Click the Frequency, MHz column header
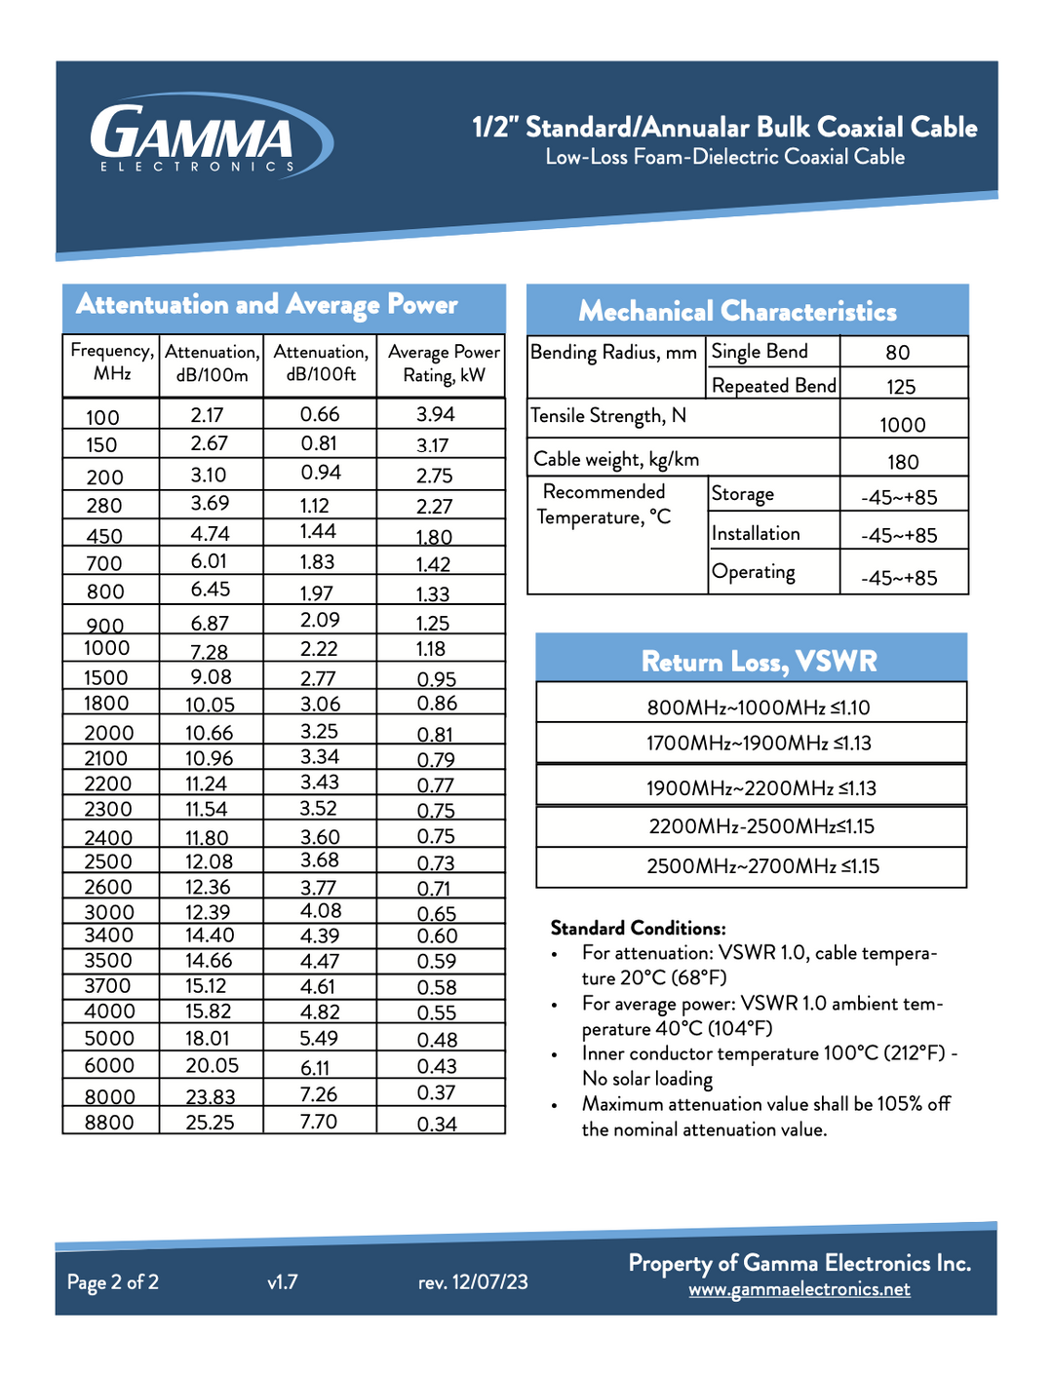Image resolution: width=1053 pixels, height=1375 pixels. pos(111,363)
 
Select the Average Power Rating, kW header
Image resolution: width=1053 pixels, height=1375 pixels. pos(444,363)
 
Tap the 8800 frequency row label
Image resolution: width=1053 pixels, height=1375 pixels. pos(109,1123)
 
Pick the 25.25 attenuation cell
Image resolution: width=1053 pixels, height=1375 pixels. pos(211,1123)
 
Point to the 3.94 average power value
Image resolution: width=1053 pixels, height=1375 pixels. pos(436,414)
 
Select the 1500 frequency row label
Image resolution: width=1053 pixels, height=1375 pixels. pos(106,677)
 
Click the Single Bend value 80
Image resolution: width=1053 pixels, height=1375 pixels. pos(898,353)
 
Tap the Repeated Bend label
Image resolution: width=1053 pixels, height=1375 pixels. pos(774,386)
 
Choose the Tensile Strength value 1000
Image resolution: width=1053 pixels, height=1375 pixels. pos(903,425)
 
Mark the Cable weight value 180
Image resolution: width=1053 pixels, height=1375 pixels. pos(903,462)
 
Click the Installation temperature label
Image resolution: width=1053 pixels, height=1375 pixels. pos(756,534)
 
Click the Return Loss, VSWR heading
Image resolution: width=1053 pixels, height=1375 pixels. pos(759,662)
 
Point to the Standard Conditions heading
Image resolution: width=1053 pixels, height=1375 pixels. pos(638,928)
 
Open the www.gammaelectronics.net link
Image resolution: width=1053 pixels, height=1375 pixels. pos(799,1289)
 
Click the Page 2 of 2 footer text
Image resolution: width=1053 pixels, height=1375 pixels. pos(113,1282)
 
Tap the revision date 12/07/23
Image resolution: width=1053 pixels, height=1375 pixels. pos(490,1282)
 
